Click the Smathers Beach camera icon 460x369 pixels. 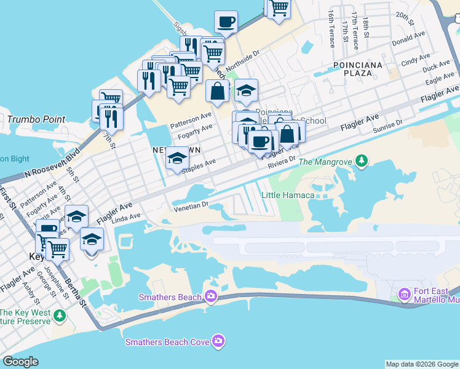(211, 297)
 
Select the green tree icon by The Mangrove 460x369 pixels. (362, 161)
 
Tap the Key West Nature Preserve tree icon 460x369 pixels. (59, 316)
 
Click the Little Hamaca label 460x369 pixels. (288, 195)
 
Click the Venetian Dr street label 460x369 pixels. (191, 205)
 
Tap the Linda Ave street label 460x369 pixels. (127, 218)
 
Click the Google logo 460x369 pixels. (21, 362)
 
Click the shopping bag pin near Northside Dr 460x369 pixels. (217, 92)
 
